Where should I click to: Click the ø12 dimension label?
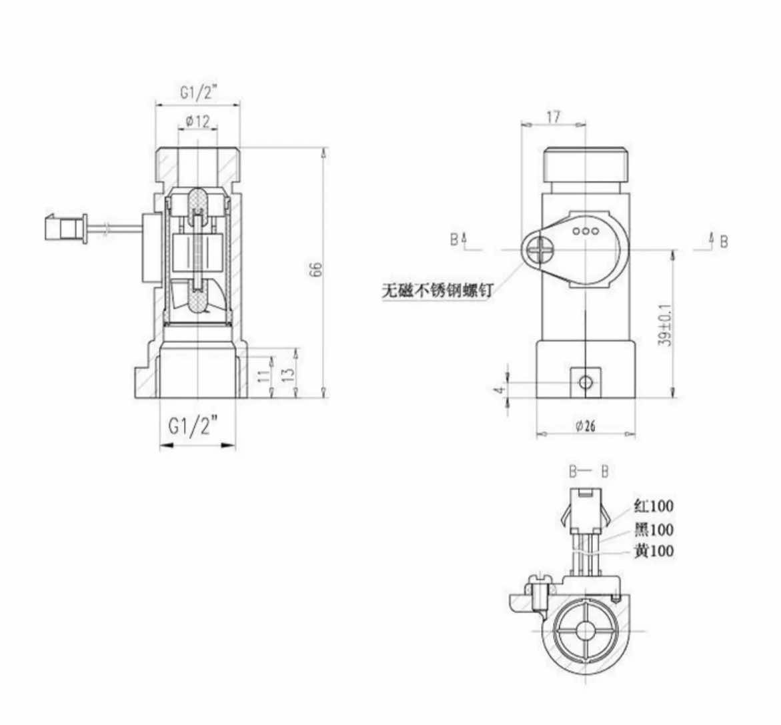point(198,121)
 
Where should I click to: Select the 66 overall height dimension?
point(317,269)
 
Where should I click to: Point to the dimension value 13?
point(288,372)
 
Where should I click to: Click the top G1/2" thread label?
point(198,93)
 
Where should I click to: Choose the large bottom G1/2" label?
point(193,426)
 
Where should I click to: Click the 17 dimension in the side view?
point(554,117)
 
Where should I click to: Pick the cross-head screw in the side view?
point(539,253)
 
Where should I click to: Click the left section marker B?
point(454,239)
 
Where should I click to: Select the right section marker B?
point(724,241)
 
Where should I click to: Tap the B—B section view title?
point(588,472)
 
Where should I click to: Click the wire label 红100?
point(653,506)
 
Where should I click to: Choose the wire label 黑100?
point(653,530)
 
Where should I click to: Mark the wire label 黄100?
point(653,551)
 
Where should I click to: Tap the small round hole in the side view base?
point(586,382)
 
